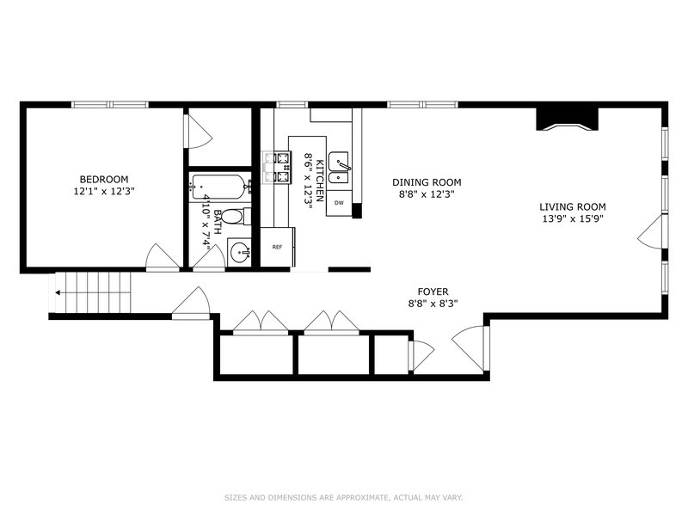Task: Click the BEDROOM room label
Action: point(104,179)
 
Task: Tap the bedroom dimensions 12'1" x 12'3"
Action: point(104,191)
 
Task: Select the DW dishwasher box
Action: point(339,203)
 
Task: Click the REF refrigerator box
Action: point(277,247)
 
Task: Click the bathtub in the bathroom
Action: point(219,187)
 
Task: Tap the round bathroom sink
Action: point(240,252)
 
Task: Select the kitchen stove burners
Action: point(277,167)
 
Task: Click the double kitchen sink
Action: point(339,168)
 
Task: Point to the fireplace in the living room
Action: point(568,120)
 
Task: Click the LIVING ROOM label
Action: point(573,206)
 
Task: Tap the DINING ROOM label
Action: point(427,182)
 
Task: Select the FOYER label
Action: point(433,292)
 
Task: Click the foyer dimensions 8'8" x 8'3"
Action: point(433,304)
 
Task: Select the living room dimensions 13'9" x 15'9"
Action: point(573,218)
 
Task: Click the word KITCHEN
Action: point(321,181)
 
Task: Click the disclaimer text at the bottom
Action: point(344,498)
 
